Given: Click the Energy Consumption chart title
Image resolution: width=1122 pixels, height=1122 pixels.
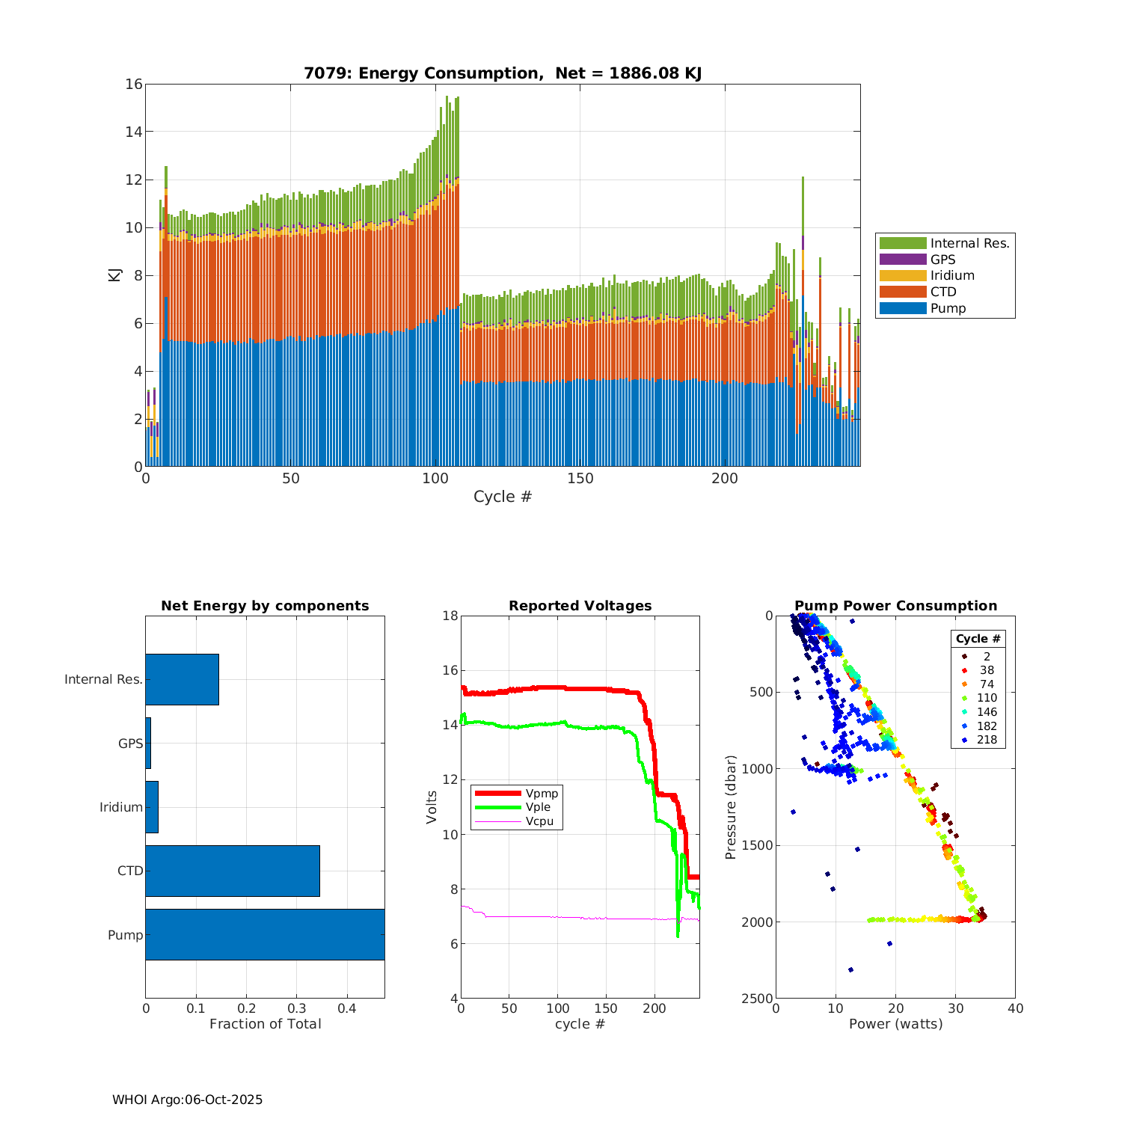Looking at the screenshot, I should [502, 73].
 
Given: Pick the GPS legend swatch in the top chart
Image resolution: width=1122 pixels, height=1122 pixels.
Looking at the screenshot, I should [903, 260].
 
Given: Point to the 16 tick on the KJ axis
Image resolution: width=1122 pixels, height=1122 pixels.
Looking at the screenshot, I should [134, 84].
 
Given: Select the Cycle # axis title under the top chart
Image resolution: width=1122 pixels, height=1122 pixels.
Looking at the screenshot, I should [502, 497].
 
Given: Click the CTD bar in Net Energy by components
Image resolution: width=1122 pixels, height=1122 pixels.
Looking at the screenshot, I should [233, 871].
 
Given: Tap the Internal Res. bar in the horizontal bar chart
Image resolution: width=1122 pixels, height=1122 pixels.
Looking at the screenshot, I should [182, 679].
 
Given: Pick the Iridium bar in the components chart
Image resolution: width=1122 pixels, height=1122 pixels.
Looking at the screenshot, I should [152, 807].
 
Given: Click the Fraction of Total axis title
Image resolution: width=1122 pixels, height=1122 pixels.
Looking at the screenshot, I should [265, 1024].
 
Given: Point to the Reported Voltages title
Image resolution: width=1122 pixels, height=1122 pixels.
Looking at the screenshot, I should [580, 606].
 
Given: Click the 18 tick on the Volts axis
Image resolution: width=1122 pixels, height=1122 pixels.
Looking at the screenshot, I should [450, 616].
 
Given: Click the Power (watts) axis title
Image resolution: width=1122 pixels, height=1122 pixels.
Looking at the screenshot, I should [895, 1024].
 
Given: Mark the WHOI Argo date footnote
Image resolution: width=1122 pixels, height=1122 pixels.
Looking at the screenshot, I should [187, 1100].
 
